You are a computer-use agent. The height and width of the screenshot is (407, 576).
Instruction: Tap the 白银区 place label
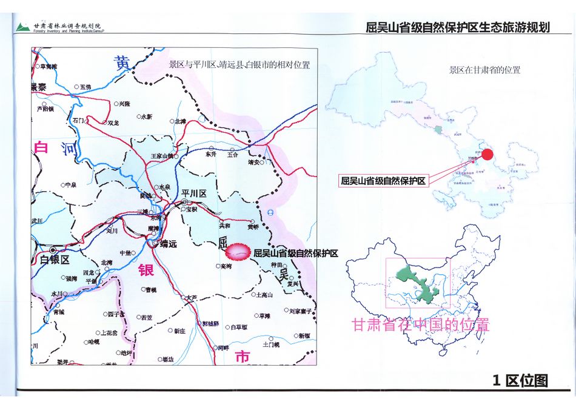55,259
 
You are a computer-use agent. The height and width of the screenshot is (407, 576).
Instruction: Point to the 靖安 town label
253,163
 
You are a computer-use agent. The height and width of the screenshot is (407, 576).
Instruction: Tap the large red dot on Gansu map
487,155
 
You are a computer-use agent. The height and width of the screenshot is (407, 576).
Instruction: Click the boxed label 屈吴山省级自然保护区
383,181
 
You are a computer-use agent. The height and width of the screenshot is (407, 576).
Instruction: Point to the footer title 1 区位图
520,380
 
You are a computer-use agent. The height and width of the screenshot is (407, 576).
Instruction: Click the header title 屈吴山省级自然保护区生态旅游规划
458,27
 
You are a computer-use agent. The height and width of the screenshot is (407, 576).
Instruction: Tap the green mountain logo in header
23,27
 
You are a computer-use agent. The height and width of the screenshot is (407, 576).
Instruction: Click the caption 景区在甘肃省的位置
484,70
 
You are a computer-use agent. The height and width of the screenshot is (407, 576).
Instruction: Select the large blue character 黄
123,62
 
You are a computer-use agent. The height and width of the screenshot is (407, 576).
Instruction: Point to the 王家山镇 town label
162,156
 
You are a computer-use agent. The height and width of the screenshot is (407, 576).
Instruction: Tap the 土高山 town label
264,295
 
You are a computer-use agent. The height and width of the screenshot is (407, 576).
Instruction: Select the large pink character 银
146,271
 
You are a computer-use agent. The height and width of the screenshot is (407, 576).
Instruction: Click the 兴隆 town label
124,104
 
